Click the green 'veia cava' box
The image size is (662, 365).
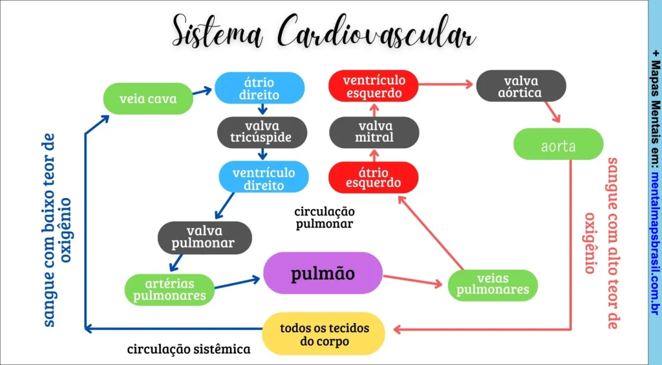coord(148,100)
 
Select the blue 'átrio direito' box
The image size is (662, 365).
coord(259,88)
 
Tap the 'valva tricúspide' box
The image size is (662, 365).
coord(262,132)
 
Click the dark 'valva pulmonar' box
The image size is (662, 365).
coord(204,238)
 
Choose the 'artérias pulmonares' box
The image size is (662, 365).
coord(169,289)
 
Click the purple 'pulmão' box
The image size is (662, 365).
coord(323,273)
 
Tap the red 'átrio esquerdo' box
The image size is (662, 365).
coord(374,177)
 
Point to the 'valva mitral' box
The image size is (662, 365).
coord(374,132)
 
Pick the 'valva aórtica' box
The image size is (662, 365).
coord(520,86)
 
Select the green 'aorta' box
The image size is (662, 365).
coord(558,145)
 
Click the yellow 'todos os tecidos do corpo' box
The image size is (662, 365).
coord(323,334)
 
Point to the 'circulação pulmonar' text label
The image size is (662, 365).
coord(324,217)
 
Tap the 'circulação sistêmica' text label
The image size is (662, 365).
coord(188,349)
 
